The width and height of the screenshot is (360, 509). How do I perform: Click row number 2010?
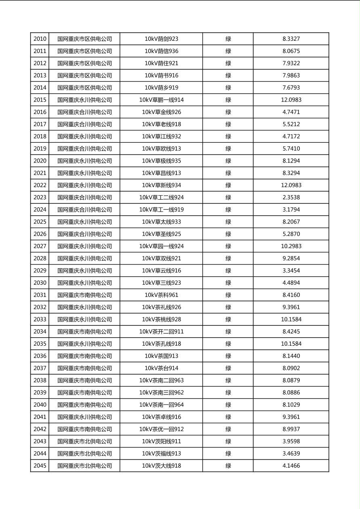[x=40, y=39]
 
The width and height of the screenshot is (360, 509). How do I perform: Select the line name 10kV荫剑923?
[x=161, y=39]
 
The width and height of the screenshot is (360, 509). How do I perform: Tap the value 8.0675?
[x=291, y=51]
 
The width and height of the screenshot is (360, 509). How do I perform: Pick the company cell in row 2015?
[x=84, y=100]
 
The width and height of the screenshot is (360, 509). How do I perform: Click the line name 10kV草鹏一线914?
[x=161, y=100]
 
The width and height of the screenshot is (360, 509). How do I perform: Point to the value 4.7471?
[x=291, y=112]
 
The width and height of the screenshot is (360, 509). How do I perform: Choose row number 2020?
[x=40, y=161]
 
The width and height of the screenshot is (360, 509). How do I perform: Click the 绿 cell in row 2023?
[x=228, y=198]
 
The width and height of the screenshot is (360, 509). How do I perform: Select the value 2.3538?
[x=291, y=198]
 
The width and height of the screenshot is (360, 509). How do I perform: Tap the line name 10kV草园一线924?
[x=161, y=246]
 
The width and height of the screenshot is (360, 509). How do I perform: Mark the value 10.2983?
[x=291, y=246]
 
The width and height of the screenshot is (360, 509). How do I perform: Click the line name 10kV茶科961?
[x=161, y=295]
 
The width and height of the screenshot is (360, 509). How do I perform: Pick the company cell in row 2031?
[x=84, y=295]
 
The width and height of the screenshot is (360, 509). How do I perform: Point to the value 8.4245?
[x=291, y=332]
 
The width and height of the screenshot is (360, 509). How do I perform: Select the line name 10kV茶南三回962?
[x=161, y=392]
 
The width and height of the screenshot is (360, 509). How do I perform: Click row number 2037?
[x=40, y=368]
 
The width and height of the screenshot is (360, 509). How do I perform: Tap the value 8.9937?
[x=291, y=429]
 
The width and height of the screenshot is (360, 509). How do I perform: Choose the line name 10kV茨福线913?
[x=161, y=454]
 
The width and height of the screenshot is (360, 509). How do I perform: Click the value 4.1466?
[x=291, y=466]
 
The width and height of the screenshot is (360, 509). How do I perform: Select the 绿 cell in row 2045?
[x=228, y=466]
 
